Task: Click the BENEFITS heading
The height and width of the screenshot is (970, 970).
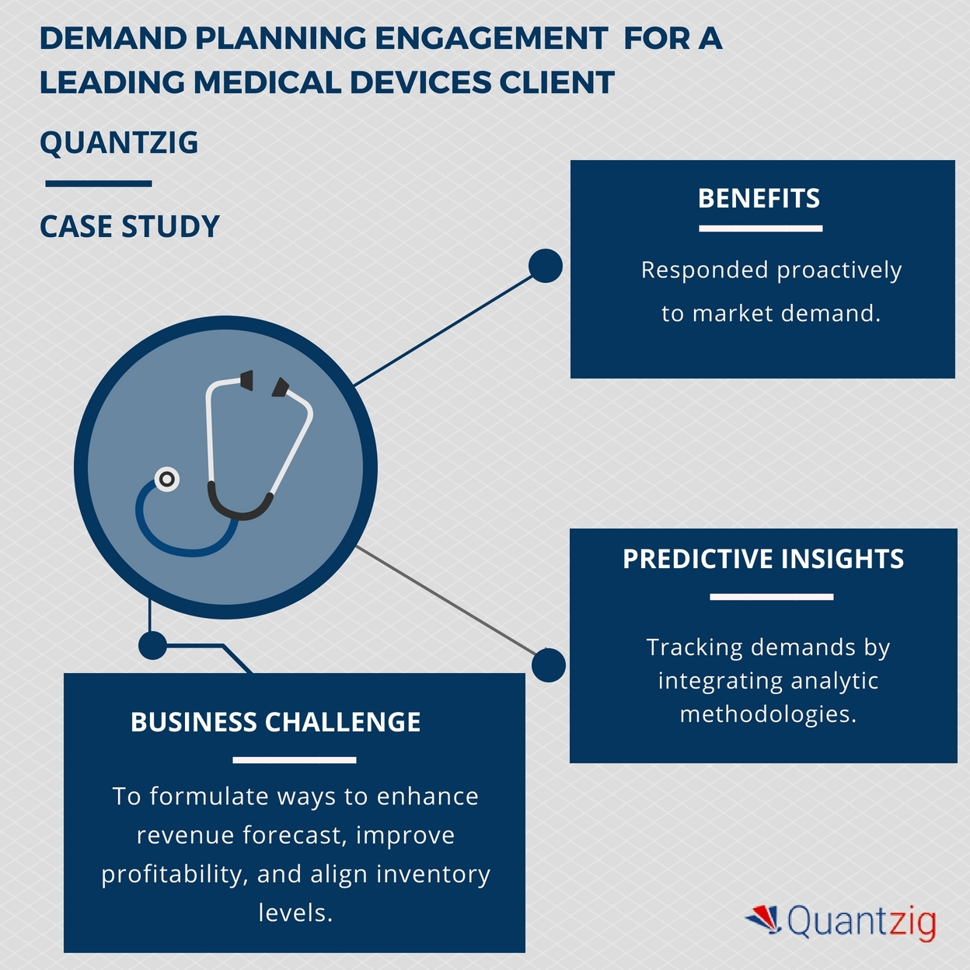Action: (x=759, y=199)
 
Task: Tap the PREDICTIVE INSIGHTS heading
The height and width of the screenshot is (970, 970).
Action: (x=763, y=560)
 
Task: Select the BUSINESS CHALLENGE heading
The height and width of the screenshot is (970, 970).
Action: (x=275, y=723)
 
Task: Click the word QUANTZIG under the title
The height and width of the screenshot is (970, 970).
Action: (x=119, y=143)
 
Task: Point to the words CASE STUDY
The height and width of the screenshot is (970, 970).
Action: (x=130, y=227)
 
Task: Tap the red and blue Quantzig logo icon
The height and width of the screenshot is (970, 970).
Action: (x=763, y=919)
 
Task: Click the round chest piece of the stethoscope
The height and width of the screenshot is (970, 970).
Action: (x=166, y=480)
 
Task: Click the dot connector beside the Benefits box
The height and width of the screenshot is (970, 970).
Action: (x=546, y=266)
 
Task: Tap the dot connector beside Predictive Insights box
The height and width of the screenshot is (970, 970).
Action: (x=549, y=665)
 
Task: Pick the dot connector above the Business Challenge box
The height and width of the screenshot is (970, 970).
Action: (x=152, y=645)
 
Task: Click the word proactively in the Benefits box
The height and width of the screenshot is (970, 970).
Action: (x=839, y=270)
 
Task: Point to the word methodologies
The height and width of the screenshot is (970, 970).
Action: (x=768, y=714)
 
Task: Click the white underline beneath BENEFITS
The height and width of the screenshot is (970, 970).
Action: (x=760, y=229)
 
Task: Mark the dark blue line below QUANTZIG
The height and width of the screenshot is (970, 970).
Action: (x=99, y=184)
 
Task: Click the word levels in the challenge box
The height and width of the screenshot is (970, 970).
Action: (x=295, y=912)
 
